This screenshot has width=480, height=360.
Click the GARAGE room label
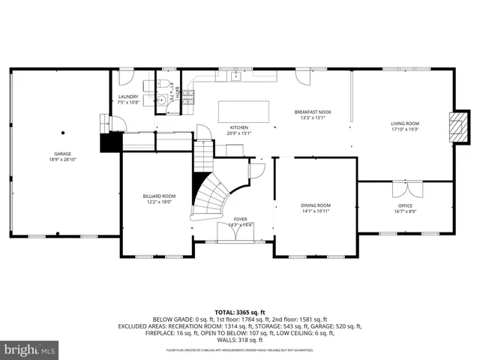pyautogui.click(x=61, y=154)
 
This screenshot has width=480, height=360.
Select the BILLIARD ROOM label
pyautogui.click(x=158, y=196)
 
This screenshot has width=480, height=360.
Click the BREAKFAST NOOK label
pyautogui.click(x=313, y=112)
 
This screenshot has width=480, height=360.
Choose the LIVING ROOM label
pyautogui.click(x=404, y=123)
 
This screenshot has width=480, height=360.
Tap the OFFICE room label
pyautogui.click(x=405, y=205)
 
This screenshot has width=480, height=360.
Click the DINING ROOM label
pyautogui.click(x=315, y=205)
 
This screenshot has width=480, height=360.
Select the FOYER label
pyautogui.click(x=240, y=219)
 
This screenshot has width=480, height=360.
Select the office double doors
pyautogui.click(x=405, y=184)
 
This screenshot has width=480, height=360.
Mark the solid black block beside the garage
pyautogui.click(x=111, y=142)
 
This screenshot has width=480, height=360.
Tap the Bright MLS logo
pyautogui.click(x=30, y=349)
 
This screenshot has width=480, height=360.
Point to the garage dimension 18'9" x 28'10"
pyautogui.click(x=61, y=160)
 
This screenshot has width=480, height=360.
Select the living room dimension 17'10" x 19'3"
pyautogui.click(x=404, y=129)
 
